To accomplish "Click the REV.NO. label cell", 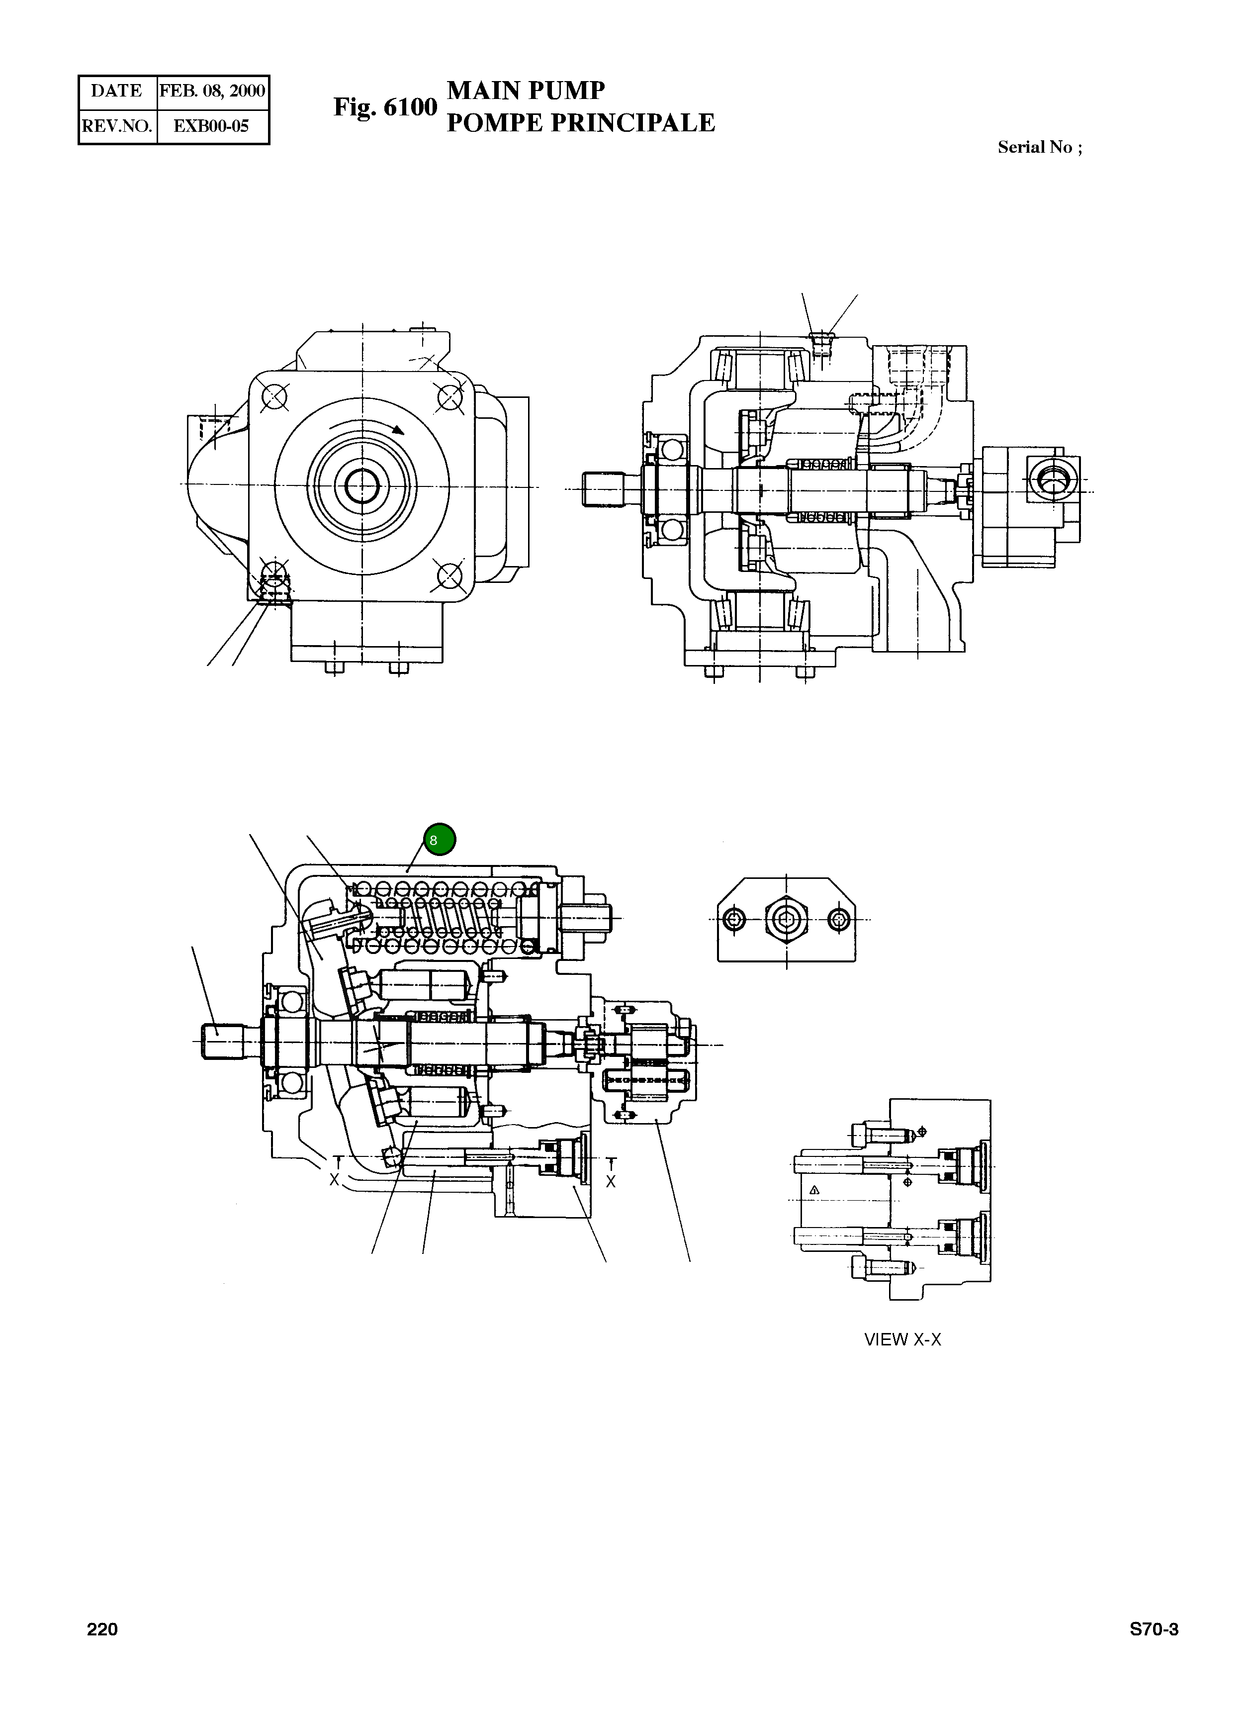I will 117,126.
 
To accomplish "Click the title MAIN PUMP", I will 526,91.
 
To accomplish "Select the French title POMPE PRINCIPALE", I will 580,123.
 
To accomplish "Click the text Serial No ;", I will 1039,147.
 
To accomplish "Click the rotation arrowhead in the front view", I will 398,429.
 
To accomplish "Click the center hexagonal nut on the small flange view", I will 787,920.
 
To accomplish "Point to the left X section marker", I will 334,1180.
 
